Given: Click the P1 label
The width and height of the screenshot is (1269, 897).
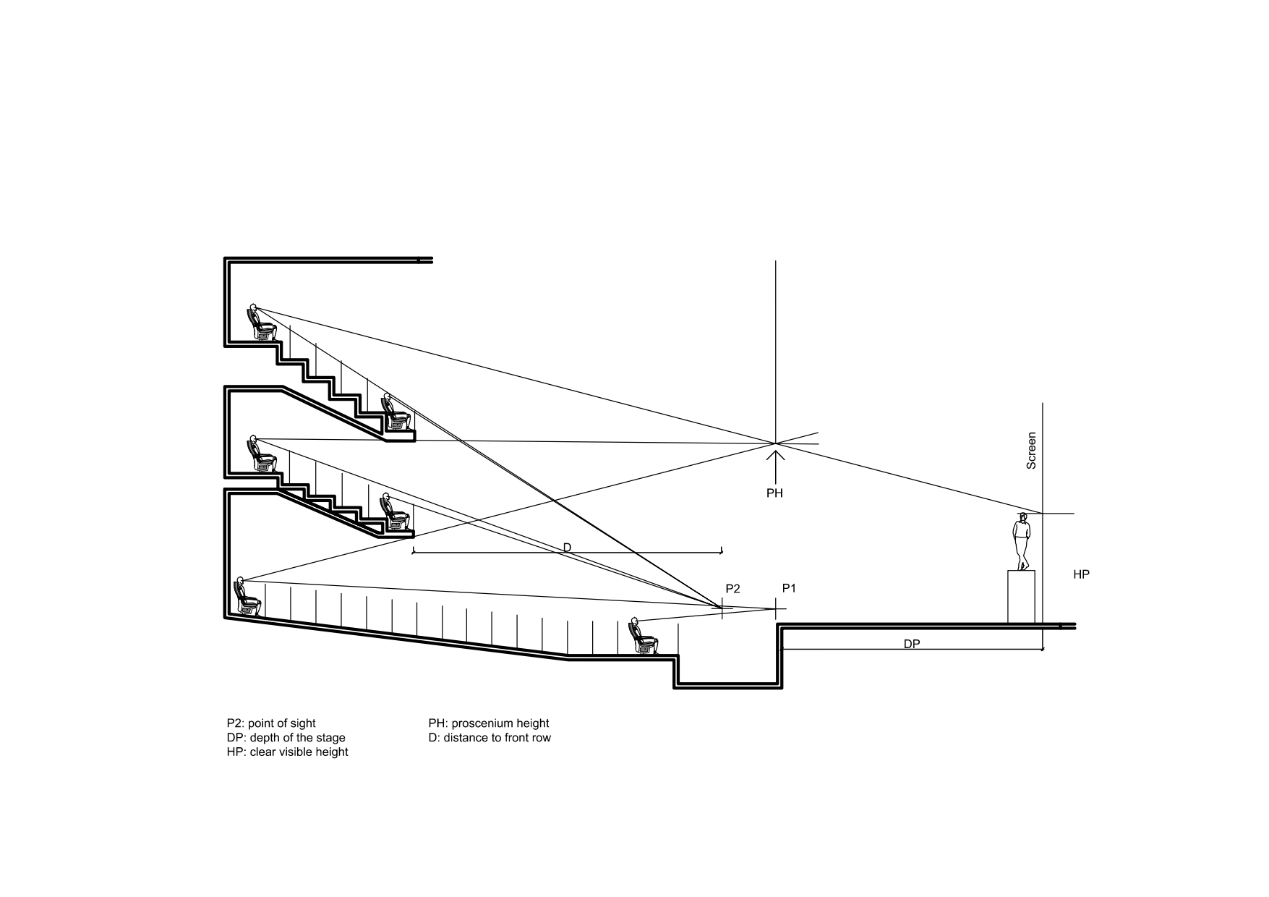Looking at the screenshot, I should click(789, 588).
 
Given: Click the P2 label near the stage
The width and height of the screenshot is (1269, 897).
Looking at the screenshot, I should click(732, 589).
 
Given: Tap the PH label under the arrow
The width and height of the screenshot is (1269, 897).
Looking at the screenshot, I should click(774, 493).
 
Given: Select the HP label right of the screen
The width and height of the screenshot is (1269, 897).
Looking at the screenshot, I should click(1081, 574).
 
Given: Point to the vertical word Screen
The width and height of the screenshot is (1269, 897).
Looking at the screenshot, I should click(1032, 451).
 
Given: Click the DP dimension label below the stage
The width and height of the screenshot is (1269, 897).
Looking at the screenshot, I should click(912, 643).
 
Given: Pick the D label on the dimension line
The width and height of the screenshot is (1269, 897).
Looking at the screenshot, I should click(567, 548).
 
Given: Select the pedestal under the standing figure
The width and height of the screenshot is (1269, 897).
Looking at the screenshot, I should click(1021, 596).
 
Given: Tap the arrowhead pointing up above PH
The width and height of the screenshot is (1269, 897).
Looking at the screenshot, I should click(775, 455).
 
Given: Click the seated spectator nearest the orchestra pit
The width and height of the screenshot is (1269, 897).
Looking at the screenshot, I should click(643, 637).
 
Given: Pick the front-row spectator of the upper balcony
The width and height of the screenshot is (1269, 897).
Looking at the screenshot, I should click(396, 413).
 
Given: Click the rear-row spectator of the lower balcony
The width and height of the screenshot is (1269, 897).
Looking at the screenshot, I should click(261, 455).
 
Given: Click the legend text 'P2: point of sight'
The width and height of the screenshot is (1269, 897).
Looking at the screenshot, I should click(271, 723).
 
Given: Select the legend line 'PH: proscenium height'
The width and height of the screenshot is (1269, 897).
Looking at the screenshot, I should click(488, 723).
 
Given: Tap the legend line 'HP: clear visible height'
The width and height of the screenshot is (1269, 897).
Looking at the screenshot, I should click(287, 752).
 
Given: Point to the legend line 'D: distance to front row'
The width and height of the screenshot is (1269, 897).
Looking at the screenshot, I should click(490, 738).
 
